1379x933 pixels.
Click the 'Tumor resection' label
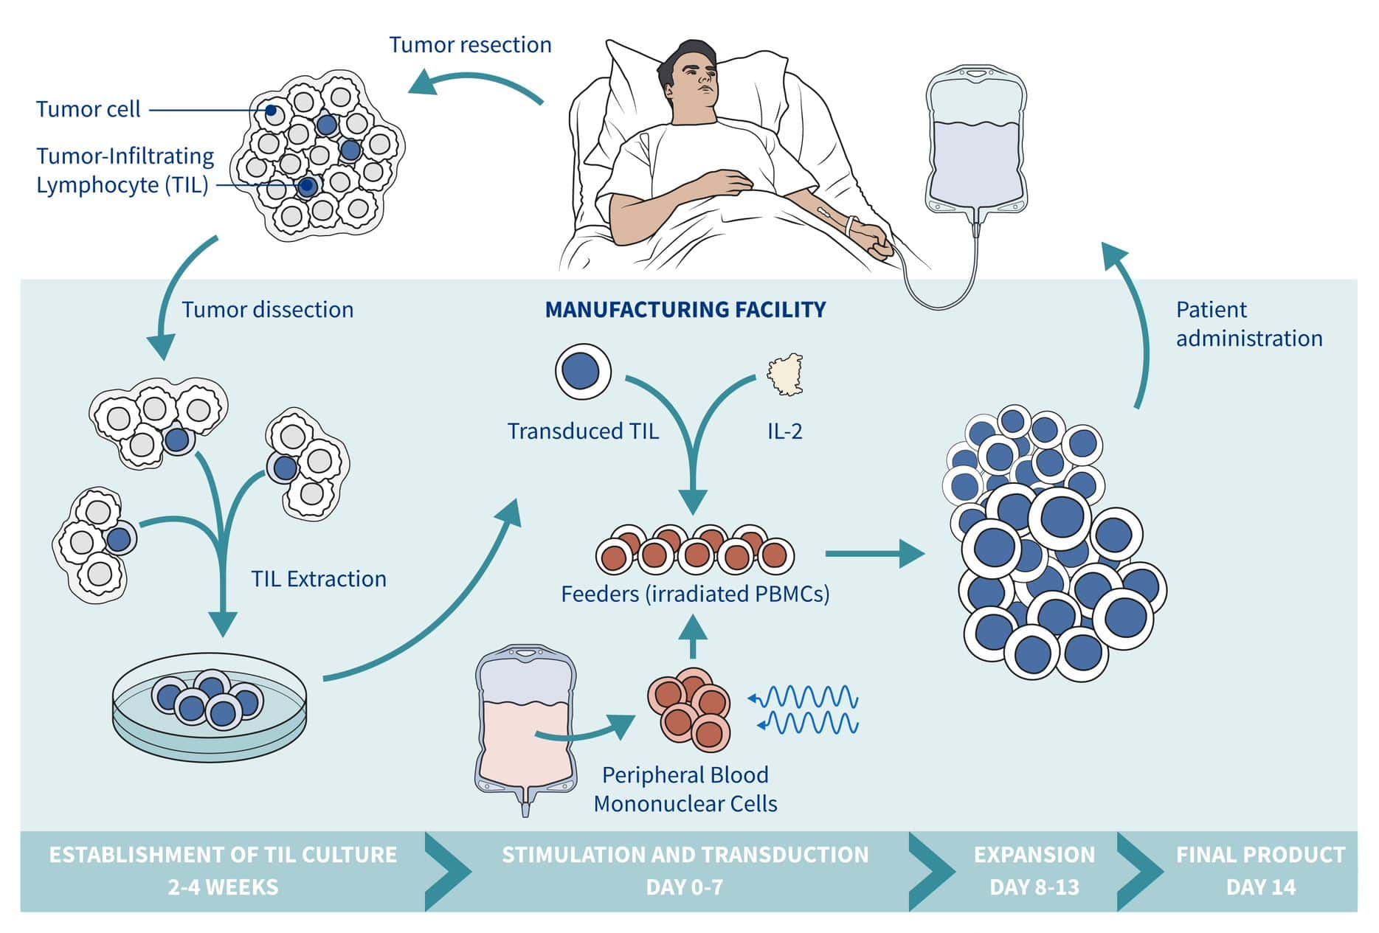470,45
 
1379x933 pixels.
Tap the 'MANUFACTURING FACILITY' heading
685,310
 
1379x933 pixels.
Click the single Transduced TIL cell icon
583,371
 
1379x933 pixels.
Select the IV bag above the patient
976,144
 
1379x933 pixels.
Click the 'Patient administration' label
1248,324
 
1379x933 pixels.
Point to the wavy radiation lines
809,710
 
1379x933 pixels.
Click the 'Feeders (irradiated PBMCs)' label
695,594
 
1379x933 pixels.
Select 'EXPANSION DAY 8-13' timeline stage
1034,870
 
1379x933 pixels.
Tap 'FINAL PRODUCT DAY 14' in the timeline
1260,870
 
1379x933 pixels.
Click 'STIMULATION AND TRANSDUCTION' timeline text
685,855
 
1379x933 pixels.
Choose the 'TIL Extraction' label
318,579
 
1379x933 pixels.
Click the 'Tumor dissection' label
267,310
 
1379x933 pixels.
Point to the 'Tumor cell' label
88,110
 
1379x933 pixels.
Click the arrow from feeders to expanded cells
874,553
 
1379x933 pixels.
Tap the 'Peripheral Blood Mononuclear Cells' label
685,789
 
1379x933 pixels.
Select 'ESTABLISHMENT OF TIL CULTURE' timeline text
223,855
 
